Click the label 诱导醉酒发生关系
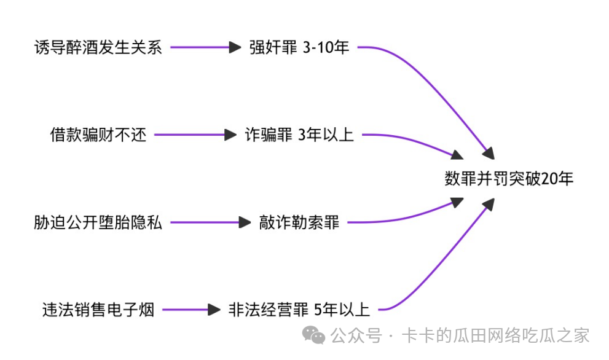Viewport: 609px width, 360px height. [98, 47]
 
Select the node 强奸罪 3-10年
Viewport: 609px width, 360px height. [299, 47]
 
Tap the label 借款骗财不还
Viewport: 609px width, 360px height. [98, 135]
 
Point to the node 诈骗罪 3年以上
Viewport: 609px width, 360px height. [299, 135]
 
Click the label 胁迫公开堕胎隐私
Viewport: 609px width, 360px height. [98, 222]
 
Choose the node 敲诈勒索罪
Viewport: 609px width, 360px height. [299, 222]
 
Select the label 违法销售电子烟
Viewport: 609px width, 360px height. [98, 310]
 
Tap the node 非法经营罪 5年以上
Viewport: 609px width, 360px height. [299, 310]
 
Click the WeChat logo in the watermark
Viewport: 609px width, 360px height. [316, 335]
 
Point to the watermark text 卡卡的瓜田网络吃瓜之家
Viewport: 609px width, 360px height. [495, 335]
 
